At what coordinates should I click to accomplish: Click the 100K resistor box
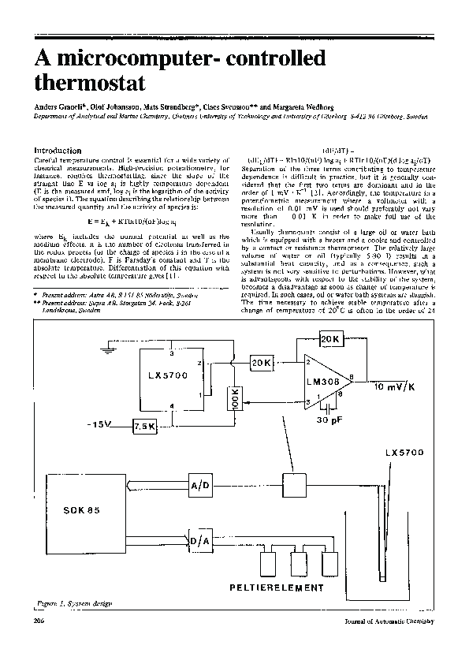click(233, 401)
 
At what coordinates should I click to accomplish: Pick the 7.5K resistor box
click(144, 425)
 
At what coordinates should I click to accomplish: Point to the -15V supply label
click(100, 424)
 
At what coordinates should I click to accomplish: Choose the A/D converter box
click(200, 486)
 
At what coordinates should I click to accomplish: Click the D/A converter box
click(200, 542)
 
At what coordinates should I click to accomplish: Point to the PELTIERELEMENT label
click(277, 588)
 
